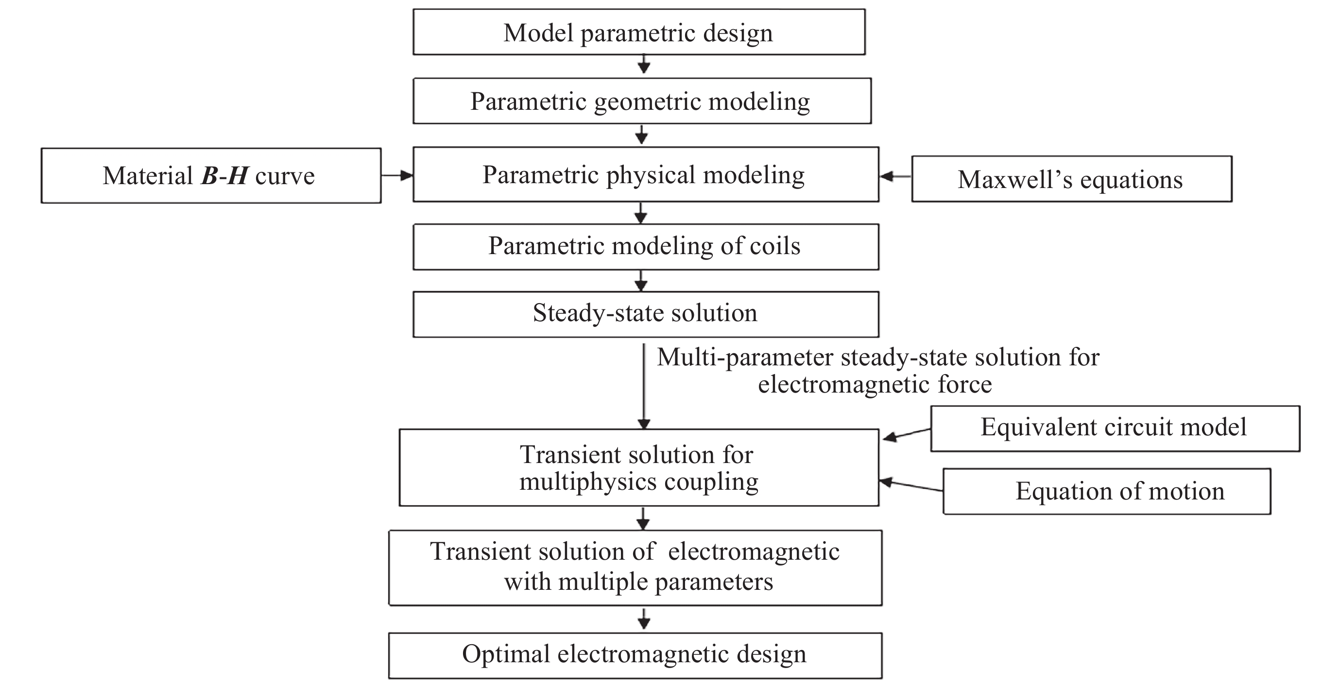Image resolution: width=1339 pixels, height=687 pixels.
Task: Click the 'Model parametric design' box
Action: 639,32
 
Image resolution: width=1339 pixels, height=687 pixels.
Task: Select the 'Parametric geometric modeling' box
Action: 642,101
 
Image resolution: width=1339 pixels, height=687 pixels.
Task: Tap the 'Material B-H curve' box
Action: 210,176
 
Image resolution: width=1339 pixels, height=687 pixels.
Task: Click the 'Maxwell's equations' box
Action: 1071,179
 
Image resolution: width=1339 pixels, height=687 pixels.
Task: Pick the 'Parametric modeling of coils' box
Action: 646,246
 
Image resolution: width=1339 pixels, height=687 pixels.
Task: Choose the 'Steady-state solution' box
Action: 646,314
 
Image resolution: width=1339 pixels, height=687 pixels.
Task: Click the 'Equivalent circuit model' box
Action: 1115,428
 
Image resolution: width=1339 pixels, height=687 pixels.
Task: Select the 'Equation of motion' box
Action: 1107,491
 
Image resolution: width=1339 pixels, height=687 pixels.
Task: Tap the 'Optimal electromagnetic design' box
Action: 635,655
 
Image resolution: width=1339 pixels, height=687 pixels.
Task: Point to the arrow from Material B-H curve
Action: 397,176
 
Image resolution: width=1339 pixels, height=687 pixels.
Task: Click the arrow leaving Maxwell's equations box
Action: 895,177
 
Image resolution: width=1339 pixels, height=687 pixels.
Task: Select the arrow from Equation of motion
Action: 910,486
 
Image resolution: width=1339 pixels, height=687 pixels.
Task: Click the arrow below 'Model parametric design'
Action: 644,65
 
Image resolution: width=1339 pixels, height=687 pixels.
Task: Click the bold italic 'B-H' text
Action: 224,176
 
